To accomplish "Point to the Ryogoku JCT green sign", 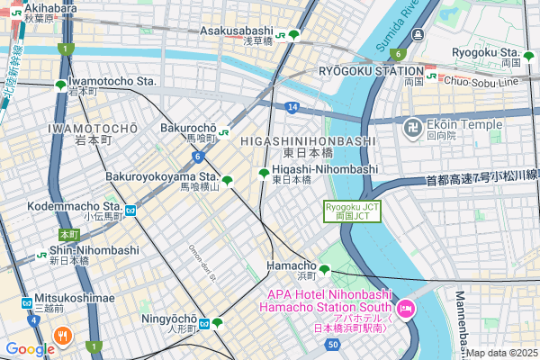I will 346,211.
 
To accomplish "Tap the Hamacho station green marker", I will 324,269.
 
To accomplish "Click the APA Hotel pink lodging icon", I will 405,308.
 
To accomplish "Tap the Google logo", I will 29,349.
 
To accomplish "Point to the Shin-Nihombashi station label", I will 94,250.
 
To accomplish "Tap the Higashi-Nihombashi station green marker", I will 264,173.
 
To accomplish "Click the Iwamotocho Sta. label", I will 112,81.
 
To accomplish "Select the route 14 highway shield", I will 292,107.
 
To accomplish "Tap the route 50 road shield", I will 334,344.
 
